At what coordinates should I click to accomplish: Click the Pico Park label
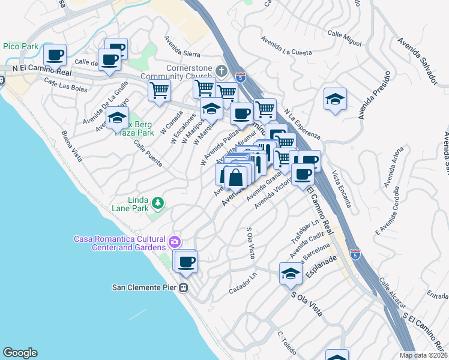coord(20,46)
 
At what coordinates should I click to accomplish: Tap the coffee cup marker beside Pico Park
coord(56,55)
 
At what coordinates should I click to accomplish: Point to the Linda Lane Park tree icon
coord(158,204)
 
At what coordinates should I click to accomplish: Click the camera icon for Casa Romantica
coord(175,242)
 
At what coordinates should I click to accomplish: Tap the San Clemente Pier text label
coord(146,287)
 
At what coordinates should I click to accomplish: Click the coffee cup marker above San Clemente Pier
coord(186,261)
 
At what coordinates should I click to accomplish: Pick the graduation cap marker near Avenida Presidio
coord(335,99)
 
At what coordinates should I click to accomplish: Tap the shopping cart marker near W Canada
coord(160,91)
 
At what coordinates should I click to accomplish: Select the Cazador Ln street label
coord(243,289)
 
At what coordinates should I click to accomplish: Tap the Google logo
coord(20,353)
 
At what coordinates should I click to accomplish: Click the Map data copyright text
coord(424,355)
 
